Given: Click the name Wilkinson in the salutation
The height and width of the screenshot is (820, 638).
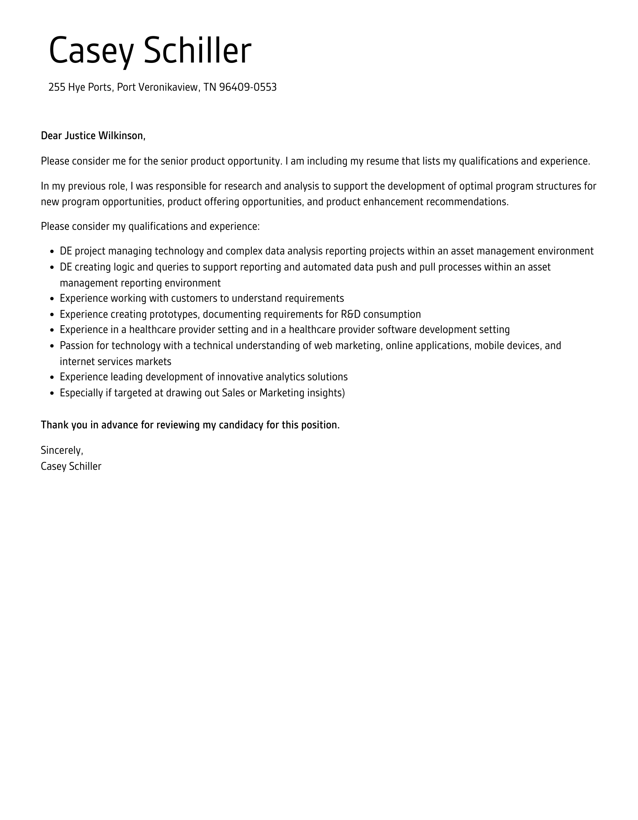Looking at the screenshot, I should [122, 136].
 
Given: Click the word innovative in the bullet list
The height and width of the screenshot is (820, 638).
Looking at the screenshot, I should [240, 377].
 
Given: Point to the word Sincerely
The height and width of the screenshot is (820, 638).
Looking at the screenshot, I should [62, 451].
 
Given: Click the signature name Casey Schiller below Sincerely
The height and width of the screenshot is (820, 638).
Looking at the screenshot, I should [71, 466].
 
